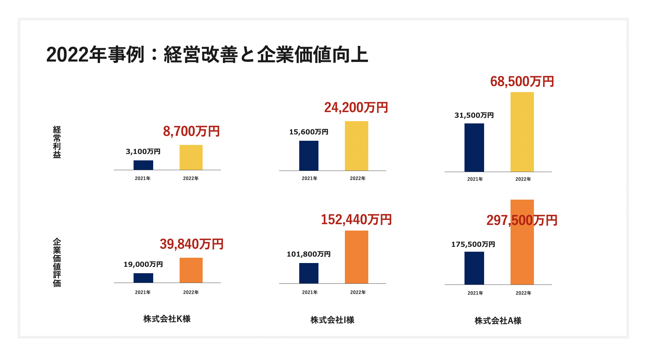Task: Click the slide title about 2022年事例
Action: coord(207,55)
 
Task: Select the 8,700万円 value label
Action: coord(191,131)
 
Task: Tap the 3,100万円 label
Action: coord(143,152)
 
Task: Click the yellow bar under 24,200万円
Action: coord(357,146)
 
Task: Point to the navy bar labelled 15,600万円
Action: coord(309,155)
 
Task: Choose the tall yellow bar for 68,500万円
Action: coord(522,132)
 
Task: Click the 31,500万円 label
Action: coord(474,115)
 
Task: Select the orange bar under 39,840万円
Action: coord(191,270)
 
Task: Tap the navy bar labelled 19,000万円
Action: coord(143,278)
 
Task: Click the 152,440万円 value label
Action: coord(356,220)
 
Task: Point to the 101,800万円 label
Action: coord(309,254)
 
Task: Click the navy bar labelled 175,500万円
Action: coord(474,268)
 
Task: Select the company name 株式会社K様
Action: coord(167,319)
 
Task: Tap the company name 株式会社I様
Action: coord(332,320)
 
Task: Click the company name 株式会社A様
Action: coord(498,321)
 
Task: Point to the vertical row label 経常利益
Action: coord(57,142)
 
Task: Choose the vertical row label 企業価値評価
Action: coord(57,262)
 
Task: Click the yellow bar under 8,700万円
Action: coord(191,157)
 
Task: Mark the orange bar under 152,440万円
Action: coord(357,257)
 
